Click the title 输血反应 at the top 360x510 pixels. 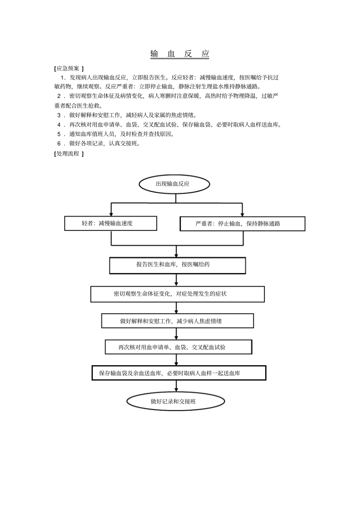(180, 54)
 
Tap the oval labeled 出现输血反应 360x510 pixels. (174, 184)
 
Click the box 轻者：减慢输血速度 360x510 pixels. (111, 223)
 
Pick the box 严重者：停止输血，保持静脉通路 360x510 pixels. (242, 224)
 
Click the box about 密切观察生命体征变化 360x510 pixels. (177, 294)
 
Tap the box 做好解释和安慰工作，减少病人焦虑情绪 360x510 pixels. (177, 321)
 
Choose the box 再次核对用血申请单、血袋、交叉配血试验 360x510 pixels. (178, 347)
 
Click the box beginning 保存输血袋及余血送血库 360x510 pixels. (179, 373)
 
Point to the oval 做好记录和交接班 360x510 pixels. (175, 401)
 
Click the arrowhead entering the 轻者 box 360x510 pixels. (111, 214)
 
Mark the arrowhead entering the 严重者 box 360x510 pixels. (243, 215)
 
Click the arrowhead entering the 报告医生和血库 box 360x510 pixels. (177, 255)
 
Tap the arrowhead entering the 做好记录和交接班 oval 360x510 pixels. (177, 390)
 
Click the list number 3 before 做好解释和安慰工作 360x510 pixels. (59, 115)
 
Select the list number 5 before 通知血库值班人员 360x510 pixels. (59, 134)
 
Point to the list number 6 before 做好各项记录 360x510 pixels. (59, 144)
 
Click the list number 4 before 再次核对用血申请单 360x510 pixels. (59, 125)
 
